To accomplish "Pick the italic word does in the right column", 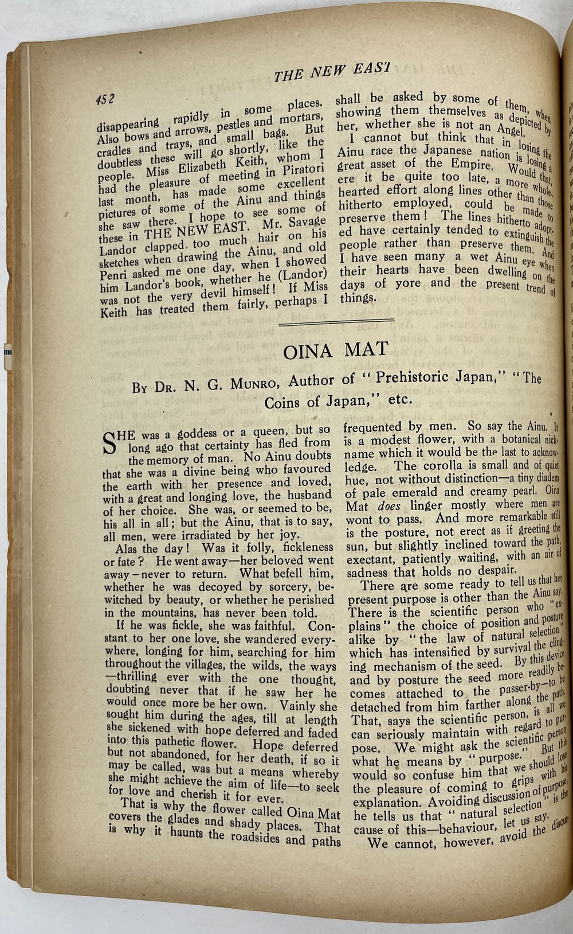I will (x=389, y=507).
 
